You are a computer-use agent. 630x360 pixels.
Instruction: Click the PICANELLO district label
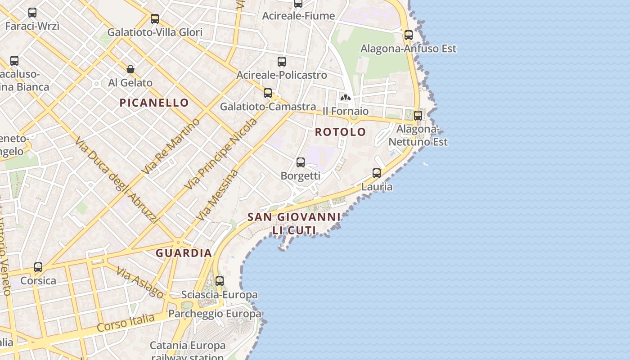154,103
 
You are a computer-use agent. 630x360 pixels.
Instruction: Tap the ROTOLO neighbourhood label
340,132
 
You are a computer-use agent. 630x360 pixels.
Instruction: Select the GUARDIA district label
184,253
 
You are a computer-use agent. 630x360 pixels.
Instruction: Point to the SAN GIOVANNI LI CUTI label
294,224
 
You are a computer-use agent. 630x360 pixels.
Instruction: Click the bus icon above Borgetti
301,162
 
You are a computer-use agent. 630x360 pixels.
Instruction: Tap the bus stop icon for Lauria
377,173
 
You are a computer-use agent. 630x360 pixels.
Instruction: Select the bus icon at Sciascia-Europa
220,281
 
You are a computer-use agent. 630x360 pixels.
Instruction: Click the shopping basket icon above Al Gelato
130,69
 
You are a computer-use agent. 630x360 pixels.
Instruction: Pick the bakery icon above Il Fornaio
345,97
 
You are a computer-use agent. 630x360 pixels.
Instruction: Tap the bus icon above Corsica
38,267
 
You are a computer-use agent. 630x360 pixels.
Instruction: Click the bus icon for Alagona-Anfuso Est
408,35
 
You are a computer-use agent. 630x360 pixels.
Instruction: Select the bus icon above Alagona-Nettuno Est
418,115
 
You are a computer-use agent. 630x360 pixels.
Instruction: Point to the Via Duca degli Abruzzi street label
117,180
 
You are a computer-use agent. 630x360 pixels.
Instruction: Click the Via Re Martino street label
171,147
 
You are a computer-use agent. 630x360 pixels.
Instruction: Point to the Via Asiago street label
140,282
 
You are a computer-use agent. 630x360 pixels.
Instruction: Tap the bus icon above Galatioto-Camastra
268,93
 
